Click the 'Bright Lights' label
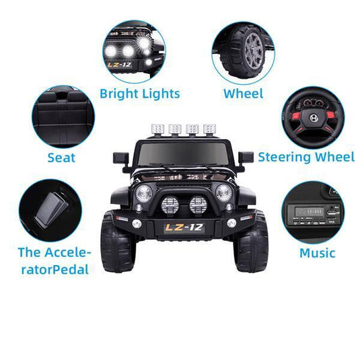[140, 94]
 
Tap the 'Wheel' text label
[243, 94]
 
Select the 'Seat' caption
[61, 158]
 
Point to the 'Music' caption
[317, 253]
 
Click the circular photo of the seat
[63, 116]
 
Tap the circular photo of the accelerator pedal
[50, 211]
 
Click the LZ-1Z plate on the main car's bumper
[183, 227]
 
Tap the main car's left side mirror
[120, 157]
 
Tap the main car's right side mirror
[246, 157]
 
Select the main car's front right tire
[251, 242]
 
